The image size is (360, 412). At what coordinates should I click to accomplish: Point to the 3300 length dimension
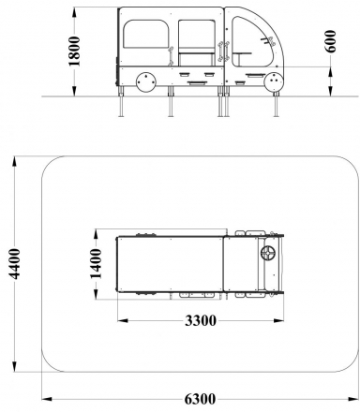[200, 320]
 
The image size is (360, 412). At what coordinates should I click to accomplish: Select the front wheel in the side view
[274, 82]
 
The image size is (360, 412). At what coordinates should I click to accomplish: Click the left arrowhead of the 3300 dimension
[120, 320]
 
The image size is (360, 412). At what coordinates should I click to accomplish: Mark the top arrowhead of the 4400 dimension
[15, 160]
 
